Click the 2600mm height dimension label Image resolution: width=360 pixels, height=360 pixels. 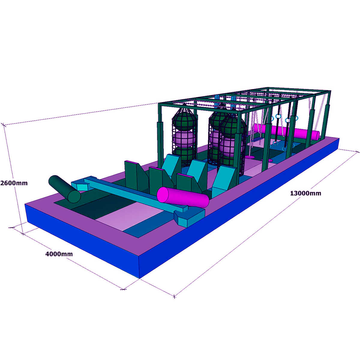14,183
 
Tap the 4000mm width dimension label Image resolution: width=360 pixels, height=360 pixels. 59,254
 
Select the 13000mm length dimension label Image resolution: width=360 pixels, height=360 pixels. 305,193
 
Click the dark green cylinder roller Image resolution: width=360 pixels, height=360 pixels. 64,189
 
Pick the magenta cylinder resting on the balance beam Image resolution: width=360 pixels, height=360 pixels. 183,197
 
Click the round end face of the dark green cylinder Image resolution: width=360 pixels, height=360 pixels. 74,197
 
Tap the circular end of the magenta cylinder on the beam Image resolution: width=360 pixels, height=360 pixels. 163,194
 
